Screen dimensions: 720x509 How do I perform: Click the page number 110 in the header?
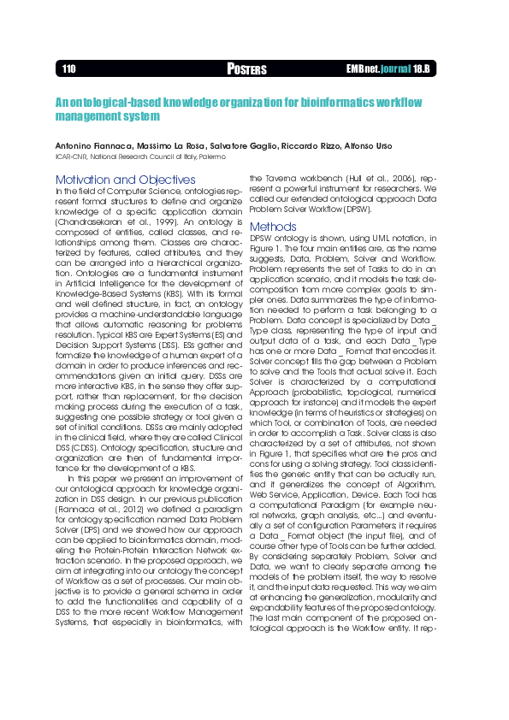coord(69,68)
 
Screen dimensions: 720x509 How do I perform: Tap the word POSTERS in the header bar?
coord(247,69)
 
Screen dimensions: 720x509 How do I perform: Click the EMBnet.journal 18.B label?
coord(388,68)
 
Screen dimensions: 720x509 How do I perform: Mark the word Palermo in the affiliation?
coord(210,157)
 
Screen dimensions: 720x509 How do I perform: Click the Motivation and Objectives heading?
coord(125,180)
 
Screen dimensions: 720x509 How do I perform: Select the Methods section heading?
coord(273,227)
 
